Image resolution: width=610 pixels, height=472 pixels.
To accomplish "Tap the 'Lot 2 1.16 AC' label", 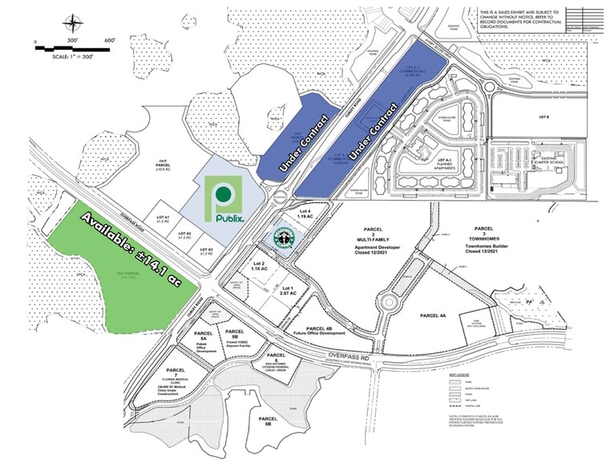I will pos(258,267).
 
